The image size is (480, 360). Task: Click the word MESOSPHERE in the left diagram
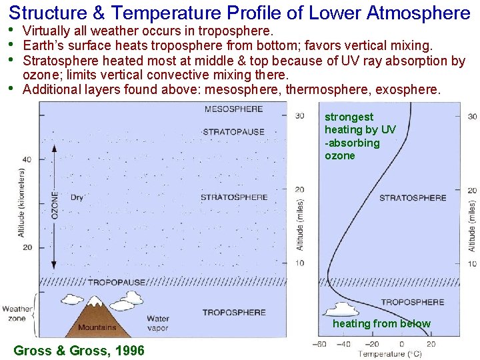[x=233, y=109]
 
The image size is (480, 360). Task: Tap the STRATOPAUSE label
[x=233, y=132]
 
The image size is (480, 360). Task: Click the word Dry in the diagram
[x=77, y=197]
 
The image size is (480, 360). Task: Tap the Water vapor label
[x=158, y=323]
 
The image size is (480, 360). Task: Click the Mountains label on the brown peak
[x=97, y=327]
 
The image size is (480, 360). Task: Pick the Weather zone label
[x=17, y=313]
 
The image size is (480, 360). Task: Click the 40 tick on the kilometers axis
[x=26, y=159]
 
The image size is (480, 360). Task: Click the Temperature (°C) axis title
[x=389, y=354]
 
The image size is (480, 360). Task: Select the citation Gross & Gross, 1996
[x=79, y=350]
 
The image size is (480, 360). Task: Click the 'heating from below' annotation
[x=381, y=324]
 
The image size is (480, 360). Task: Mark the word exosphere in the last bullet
[x=407, y=89]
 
